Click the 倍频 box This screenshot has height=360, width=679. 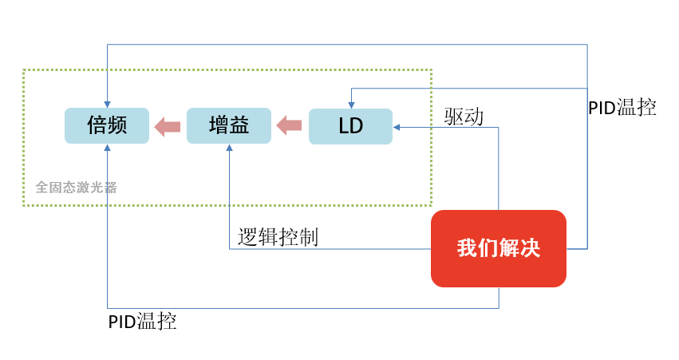pyautogui.click(x=107, y=125)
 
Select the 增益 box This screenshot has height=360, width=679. pyautogui.click(x=229, y=125)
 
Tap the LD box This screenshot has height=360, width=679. pyautogui.click(x=351, y=126)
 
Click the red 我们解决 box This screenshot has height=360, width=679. pyautogui.click(x=499, y=249)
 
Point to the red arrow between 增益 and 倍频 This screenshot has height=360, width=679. pyautogui.click(x=168, y=126)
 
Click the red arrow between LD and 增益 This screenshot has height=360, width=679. pyautogui.click(x=290, y=125)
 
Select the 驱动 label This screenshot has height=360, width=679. pyautogui.click(x=464, y=117)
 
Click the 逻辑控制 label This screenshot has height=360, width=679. pyautogui.click(x=278, y=237)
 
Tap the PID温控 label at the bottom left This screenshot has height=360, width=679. pyautogui.click(x=143, y=322)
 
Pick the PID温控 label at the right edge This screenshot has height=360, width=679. pyautogui.click(x=622, y=107)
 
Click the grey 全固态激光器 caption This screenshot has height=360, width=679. pyautogui.click(x=77, y=187)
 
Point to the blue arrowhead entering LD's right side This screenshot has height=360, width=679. pyautogui.click(x=397, y=128)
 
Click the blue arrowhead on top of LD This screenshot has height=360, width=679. pyautogui.click(x=352, y=105)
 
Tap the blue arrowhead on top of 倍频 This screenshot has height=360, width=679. pyautogui.click(x=108, y=105)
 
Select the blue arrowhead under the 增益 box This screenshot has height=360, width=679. pyautogui.click(x=230, y=148)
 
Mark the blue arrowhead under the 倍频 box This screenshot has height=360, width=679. pyautogui.click(x=108, y=148)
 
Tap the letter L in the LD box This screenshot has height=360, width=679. pyautogui.click(x=343, y=126)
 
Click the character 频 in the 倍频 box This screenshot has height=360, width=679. pyautogui.click(x=117, y=125)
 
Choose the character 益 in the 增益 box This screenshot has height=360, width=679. pyautogui.click(x=239, y=125)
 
